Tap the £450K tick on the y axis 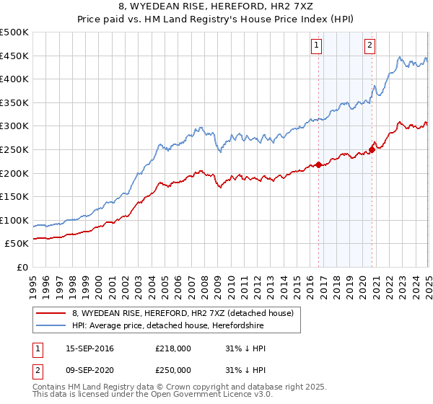pyautogui.click(x=14, y=56)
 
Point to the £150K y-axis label pyautogui.click(x=14, y=196)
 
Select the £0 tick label pyautogui.click(x=22, y=267)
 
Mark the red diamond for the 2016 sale pyautogui.click(x=318, y=164)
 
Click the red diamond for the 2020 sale pyautogui.click(x=372, y=149)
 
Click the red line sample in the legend pyautogui.click(x=51, y=313)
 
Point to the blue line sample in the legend pyautogui.click(x=51, y=325)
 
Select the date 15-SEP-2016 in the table pyautogui.click(x=89, y=348)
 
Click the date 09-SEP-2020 pyautogui.click(x=89, y=369)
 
